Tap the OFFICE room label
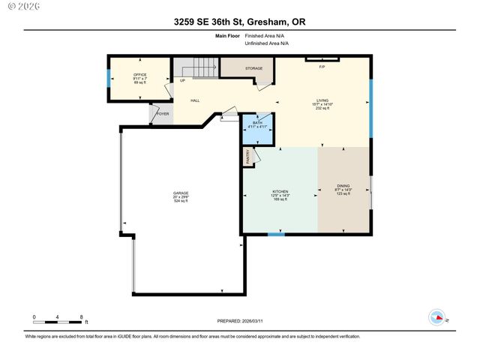tap(140, 74)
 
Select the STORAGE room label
tap(253, 68)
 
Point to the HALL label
tap(195, 100)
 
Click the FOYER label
tap(163, 114)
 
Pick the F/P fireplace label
tap(322, 67)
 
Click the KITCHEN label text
tap(280, 191)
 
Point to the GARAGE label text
tap(181, 193)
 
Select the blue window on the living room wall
tap(370, 107)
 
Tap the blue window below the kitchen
tap(276, 235)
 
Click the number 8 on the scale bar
tap(81, 317)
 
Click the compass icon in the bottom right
tap(436, 317)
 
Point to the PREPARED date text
tap(240, 320)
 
